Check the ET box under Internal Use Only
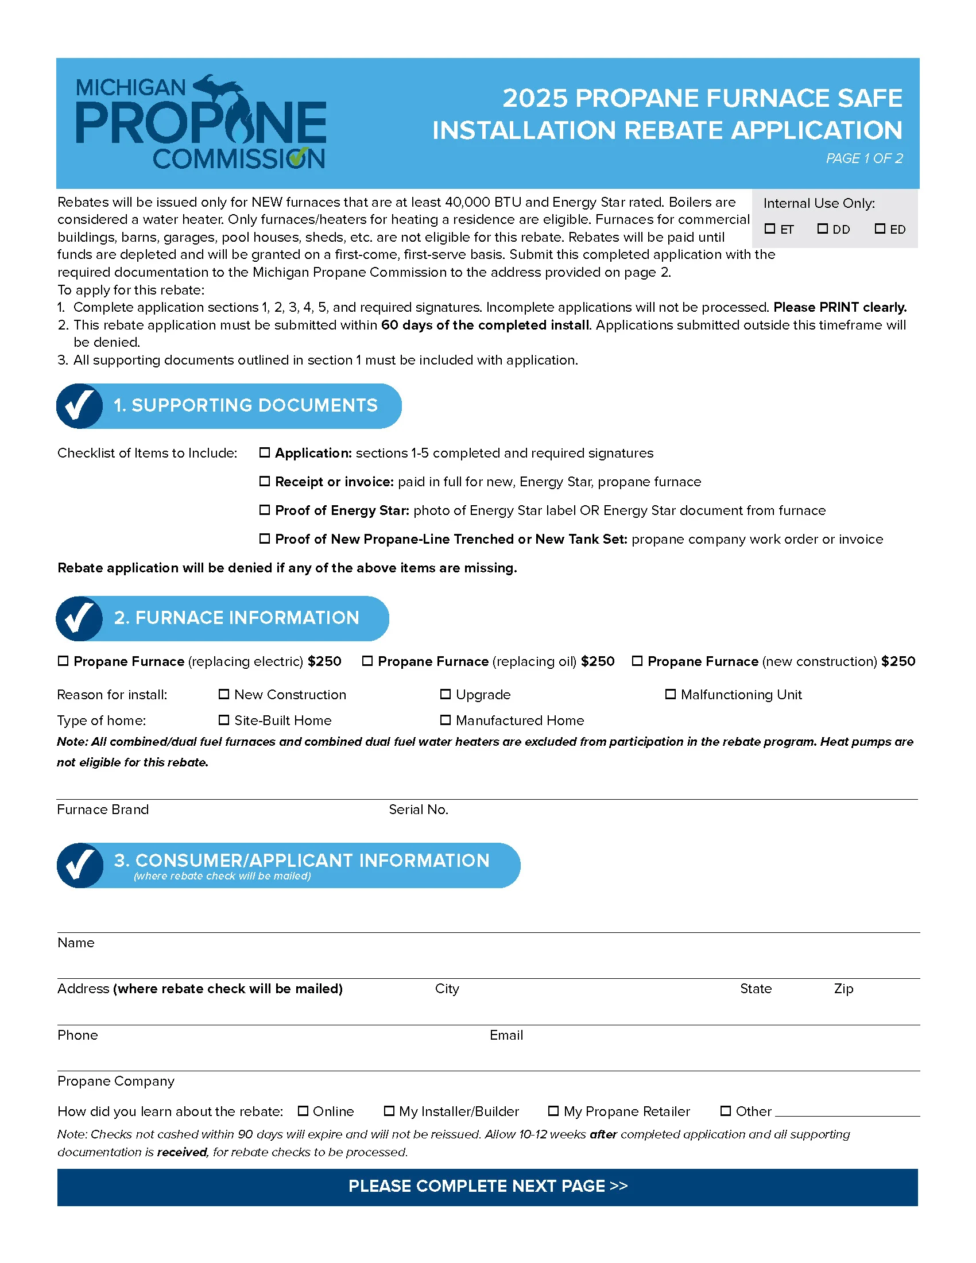coord(769,228)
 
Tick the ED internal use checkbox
coord(880,228)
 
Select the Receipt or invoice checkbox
coord(264,481)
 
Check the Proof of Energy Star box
coord(264,510)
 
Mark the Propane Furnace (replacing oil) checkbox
coord(367,661)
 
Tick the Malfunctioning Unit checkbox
coord(670,694)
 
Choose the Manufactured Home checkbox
coord(445,720)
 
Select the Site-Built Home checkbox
coord(224,720)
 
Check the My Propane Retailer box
coord(553,1111)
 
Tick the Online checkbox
coord(303,1111)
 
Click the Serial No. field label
coord(418,809)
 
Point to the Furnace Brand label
coord(103,809)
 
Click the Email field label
coord(506,1035)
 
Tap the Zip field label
coord(843,989)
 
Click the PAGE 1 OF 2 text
coord(864,158)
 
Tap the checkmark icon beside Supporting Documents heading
coord(80,406)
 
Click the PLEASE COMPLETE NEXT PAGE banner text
coord(487,1186)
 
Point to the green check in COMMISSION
coord(299,157)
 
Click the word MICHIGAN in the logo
coord(131,88)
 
